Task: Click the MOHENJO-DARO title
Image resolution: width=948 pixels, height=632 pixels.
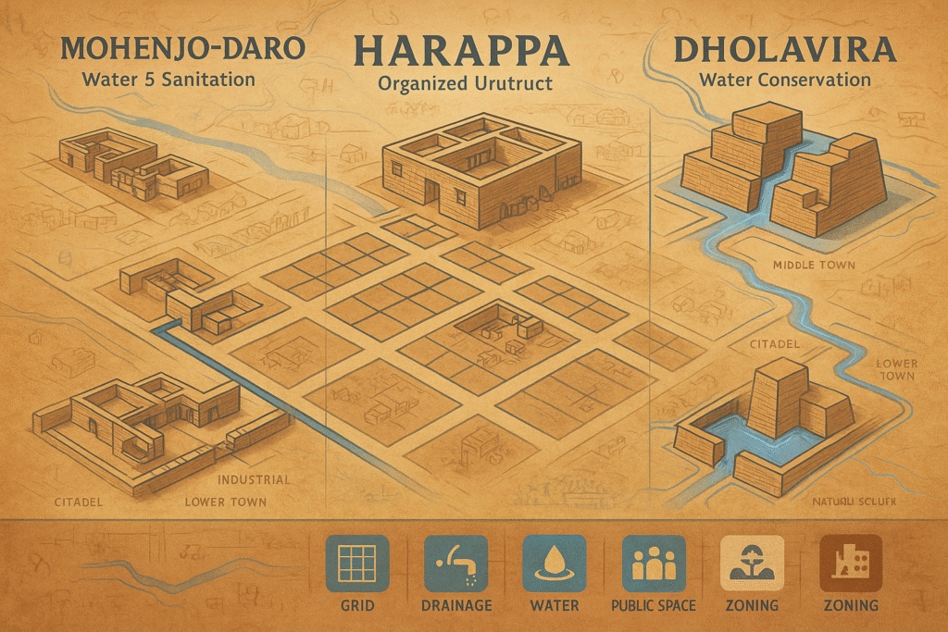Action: (158, 47)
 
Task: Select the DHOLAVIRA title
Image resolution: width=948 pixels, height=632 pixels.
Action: (785, 49)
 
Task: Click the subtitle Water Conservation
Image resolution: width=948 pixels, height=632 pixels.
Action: (785, 80)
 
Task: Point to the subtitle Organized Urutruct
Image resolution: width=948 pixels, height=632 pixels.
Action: (465, 83)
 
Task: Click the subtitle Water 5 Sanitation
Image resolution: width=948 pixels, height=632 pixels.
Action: (168, 79)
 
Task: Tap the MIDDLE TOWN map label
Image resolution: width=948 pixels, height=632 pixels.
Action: (814, 266)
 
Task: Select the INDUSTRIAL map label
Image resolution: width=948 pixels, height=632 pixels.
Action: (253, 480)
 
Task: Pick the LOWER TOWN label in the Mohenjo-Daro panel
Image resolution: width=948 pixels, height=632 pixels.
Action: (226, 502)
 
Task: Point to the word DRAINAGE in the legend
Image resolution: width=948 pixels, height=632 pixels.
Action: (455, 606)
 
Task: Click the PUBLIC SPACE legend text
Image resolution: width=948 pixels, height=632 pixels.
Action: (653, 606)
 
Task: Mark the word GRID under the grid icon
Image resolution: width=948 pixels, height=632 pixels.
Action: (357, 606)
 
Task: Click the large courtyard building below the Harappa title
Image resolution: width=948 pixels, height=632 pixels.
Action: (481, 171)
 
